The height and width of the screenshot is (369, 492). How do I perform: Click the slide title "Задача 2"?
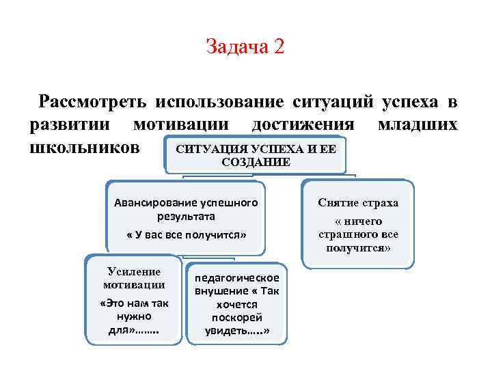coord(245,47)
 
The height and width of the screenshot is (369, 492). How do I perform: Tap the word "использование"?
coord(219,102)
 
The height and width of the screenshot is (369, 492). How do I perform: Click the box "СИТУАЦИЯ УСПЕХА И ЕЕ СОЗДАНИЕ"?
coord(256,155)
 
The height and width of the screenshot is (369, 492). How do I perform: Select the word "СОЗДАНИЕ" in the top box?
coord(256,163)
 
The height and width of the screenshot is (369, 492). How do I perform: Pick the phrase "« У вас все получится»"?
coord(186,235)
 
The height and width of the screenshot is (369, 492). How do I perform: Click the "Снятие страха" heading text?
coord(358,203)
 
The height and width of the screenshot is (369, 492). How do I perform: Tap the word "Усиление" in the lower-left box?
coord(134,271)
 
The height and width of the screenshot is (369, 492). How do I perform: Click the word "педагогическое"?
coord(237,278)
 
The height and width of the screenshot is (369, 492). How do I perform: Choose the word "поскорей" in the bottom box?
coord(237,318)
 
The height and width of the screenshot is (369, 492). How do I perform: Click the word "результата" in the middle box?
coord(186,216)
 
